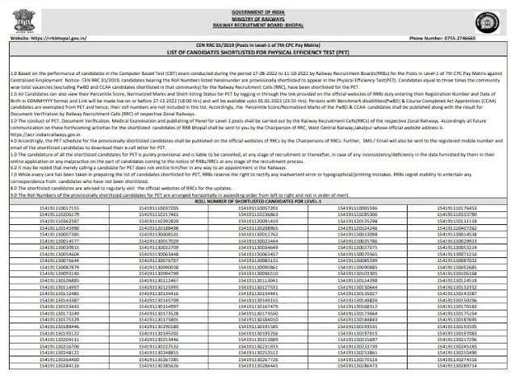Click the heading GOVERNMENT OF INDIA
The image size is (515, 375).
[x=257, y=4]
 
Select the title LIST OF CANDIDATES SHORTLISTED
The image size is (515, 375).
[x=257, y=54]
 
